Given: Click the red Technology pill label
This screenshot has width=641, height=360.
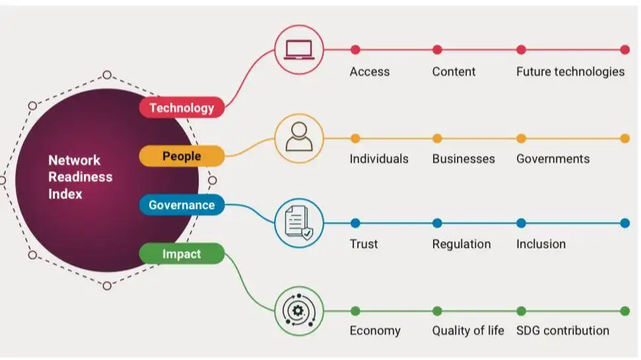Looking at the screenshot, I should coord(182,108).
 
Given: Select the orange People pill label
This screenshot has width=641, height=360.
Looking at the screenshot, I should coord(182,157).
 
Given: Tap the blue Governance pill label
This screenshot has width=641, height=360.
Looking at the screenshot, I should coord(182,205).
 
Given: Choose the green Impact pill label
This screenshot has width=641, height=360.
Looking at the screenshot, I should coord(182,254).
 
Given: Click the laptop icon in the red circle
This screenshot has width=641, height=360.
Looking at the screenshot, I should coord(299,50).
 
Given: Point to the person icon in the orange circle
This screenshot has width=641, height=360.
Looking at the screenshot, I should coord(299,138).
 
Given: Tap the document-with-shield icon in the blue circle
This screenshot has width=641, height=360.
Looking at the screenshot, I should coord(299,223).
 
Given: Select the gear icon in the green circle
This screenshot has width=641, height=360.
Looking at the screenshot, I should coord(299,310).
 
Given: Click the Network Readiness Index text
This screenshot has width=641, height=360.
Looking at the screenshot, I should coord(80,177).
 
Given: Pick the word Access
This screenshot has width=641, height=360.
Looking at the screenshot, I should coord(370,72).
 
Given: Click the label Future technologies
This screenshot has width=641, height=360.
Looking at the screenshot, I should coord(570,72).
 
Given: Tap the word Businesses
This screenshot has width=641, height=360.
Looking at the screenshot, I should coord(463,159).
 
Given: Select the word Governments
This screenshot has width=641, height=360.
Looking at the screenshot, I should coord(553,159).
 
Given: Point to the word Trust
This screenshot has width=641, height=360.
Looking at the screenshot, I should coord(364,244).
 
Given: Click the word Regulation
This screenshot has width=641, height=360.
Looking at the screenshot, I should coord(461,244).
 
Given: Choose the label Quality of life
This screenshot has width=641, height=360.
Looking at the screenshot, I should coord(468,330).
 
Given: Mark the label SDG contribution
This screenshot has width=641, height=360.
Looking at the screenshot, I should coord(562,330).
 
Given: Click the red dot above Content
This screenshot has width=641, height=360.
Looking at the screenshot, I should coord(437,50).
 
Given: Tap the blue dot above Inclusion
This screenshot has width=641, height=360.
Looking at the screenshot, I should coord(521,223).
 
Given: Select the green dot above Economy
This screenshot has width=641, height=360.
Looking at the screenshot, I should coord(355,310).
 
